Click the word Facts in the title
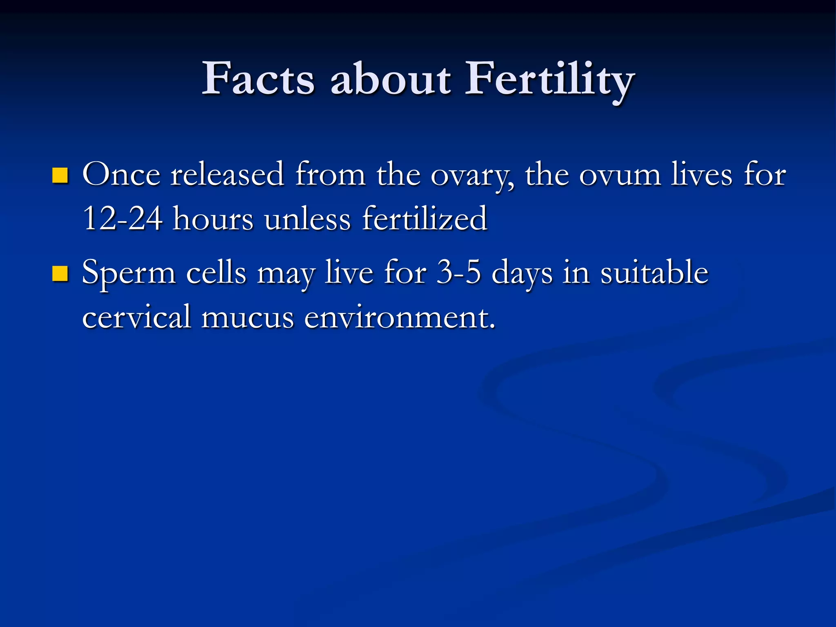coord(258,78)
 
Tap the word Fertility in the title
coord(549,78)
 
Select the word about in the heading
coord(391,78)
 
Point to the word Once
coord(121,175)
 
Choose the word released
coord(227,175)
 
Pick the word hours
coord(213,219)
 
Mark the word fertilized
coord(425,219)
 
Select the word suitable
coord(654,273)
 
